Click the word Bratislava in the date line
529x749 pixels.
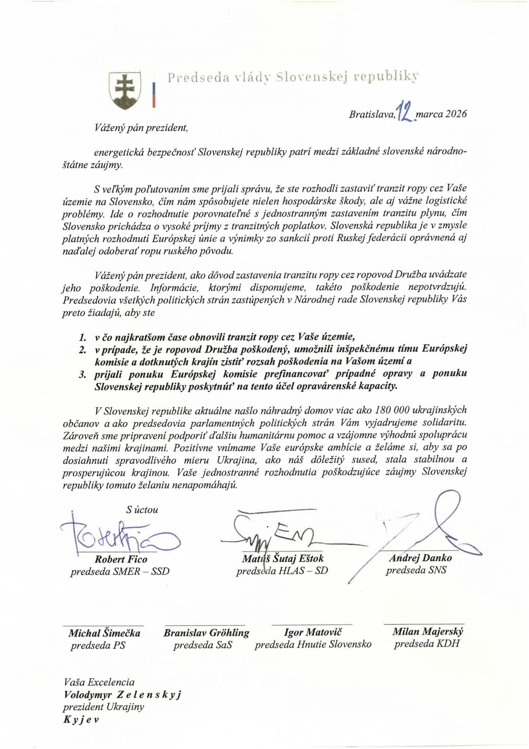372,114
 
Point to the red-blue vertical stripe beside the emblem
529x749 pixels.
154,95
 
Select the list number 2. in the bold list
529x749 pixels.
82,350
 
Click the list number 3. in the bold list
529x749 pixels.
82,374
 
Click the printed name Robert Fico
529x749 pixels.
121,559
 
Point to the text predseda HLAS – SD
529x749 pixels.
282,570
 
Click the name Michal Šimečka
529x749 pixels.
105,633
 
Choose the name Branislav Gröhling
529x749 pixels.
206,633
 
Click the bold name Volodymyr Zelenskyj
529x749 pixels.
122,694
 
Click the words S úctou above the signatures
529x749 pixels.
142,509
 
